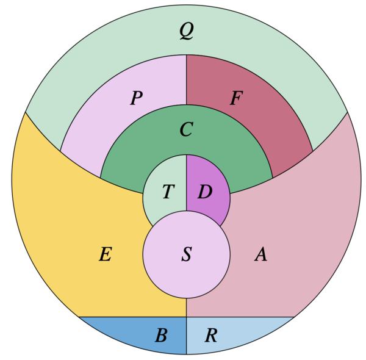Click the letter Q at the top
187,31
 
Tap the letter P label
137,98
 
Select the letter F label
236,98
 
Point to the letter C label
186,129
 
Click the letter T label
167,192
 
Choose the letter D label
205,192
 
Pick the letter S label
187,255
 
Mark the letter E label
105,254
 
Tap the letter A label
260,254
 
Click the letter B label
161,335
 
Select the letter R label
210,335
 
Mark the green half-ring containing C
134,159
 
